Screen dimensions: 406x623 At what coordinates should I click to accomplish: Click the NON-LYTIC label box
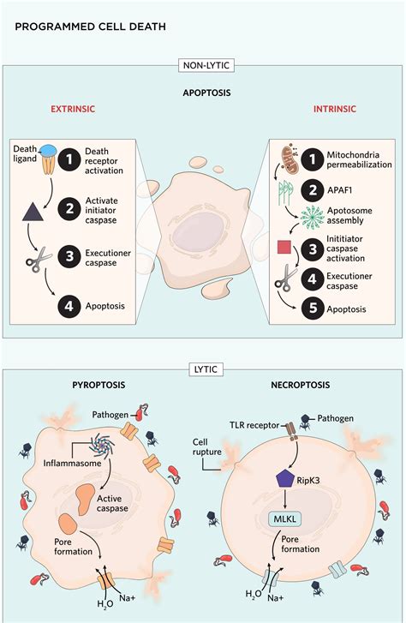[x=206, y=65]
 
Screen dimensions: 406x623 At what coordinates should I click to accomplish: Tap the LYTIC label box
[x=206, y=369]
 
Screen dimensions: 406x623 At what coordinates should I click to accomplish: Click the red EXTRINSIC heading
[x=73, y=109]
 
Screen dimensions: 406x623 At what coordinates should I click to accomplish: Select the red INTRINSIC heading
[x=335, y=109]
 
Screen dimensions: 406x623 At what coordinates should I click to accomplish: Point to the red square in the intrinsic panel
[x=284, y=247]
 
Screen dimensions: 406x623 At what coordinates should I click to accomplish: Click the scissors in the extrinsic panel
[x=39, y=260]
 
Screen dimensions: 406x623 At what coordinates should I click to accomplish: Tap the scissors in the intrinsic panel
[x=286, y=278]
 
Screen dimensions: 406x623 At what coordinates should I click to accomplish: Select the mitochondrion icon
[x=290, y=159]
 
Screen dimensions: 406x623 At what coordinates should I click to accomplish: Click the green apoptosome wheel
[x=313, y=218]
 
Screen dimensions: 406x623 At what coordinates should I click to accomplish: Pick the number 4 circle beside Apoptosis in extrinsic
[x=69, y=306]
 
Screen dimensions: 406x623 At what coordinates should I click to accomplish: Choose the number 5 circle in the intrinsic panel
[x=313, y=309]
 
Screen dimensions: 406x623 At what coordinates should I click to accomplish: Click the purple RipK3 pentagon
[x=285, y=479]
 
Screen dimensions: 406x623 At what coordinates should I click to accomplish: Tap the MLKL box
[x=285, y=519]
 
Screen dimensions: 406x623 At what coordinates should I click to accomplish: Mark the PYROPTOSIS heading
[x=99, y=385]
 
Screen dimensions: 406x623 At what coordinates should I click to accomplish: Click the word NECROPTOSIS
[x=301, y=385]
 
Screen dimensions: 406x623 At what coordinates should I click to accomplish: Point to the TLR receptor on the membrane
[x=293, y=432]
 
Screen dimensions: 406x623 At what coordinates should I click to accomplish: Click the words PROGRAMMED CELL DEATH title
[x=90, y=27]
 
